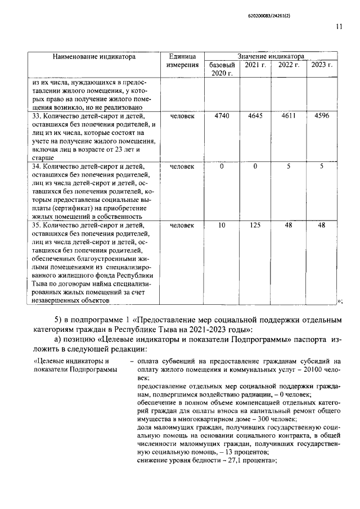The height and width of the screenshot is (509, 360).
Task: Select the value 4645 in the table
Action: (255, 116)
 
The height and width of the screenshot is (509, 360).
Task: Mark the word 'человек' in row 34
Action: (182, 166)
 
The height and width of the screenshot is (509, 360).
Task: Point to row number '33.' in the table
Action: (37, 116)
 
